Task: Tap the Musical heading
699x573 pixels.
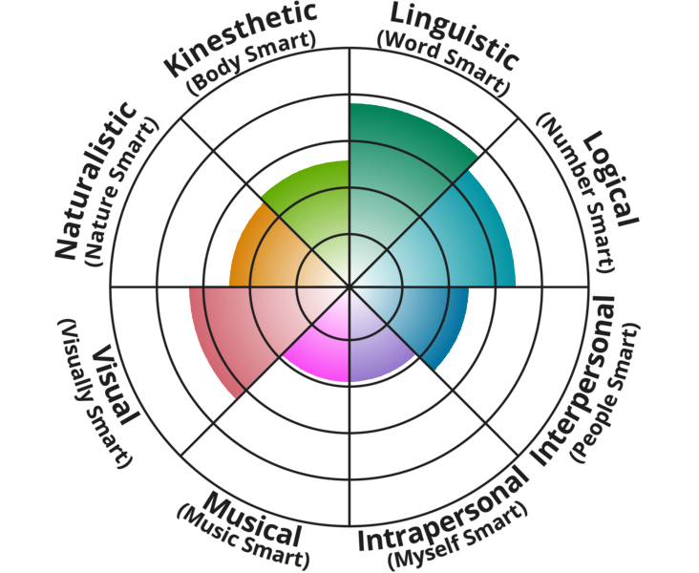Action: point(253,516)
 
